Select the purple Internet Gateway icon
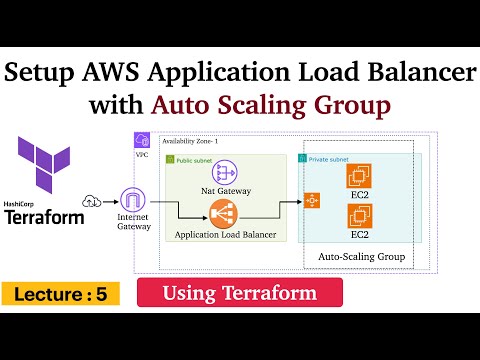click(x=134, y=204)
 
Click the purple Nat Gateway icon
click(x=224, y=172)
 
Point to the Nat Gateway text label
click(x=224, y=191)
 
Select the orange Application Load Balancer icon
click(x=224, y=212)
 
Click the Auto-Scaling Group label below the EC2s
click(x=360, y=257)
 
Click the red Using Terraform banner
click(x=239, y=293)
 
